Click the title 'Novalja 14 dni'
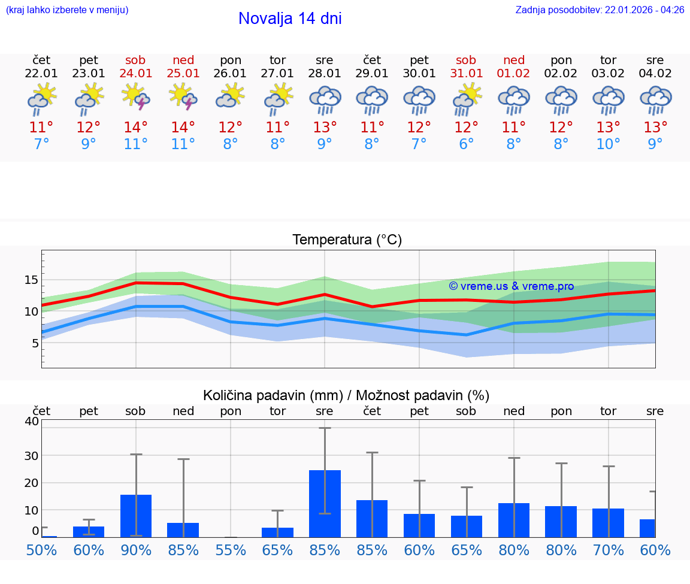[x=290, y=19]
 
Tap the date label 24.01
[x=136, y=74]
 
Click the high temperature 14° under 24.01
[x=136, y=128]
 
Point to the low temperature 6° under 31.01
[x=466, y=144]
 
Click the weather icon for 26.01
[x=231, y=96]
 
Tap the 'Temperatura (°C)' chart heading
[x=347, y=240]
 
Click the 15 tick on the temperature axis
[x=32, y=280]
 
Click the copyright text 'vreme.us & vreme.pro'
[x=512, y=286]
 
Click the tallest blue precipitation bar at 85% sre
[x=325, y=503]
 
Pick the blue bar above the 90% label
[x=136, y=516]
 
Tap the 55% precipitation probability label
[x=231, y=550]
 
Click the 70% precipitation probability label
[x=609, y=550]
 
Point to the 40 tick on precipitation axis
[x=32, y=421]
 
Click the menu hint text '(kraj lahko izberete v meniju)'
[x=67, y=10]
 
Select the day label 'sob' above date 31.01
[x=466, y=60]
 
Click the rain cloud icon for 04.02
[x=655, y=99]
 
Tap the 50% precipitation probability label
[x=41, y=550]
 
